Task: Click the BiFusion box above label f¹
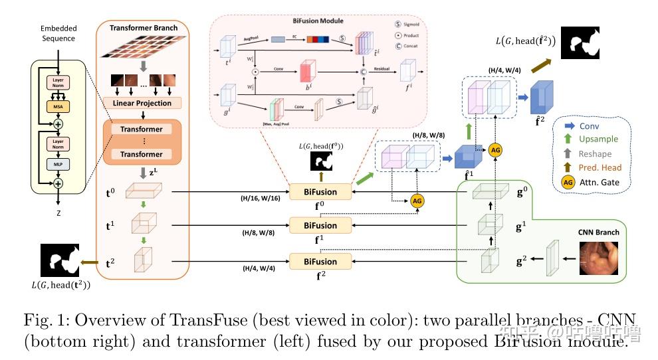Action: pyautogui.click(x=320, y=225)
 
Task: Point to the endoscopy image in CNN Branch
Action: pyautogui.click(x=601, y=258)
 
